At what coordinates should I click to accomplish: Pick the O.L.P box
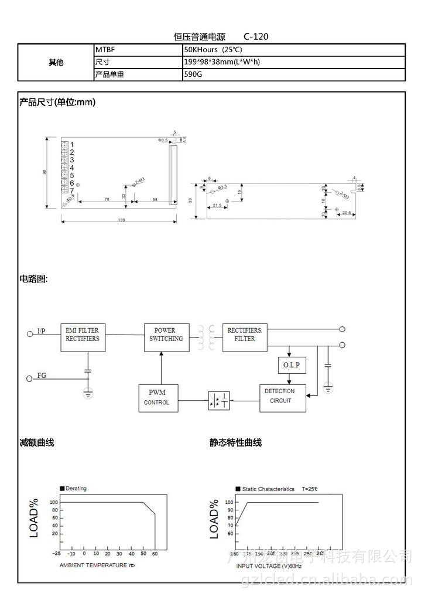pos(291,366)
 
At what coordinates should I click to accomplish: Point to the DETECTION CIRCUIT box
pos(282,398)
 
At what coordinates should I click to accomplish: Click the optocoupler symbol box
pos(218,401)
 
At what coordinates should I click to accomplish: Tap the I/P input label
pos(41,332)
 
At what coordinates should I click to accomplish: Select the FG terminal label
pos(42,376)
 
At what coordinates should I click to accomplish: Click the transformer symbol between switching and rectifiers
pos(206,338)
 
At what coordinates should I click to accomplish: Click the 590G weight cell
pos(193,75)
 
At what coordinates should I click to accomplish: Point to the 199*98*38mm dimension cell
pos(222,62)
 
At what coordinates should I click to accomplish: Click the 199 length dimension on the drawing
pos(121,220)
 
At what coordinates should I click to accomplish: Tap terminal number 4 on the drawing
pos(72,168)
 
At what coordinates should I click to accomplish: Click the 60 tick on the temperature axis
pos(155,553)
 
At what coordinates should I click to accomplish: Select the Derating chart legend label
pos(76,488)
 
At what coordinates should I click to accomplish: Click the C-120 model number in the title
pos(256,37)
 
